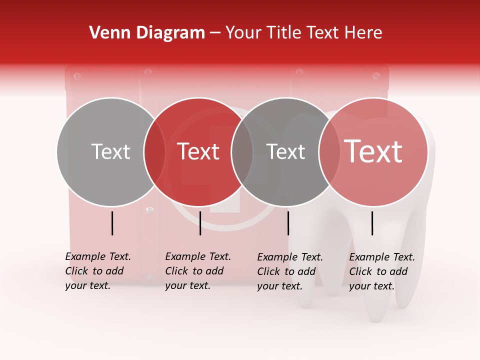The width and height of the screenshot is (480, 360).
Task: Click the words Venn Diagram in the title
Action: click(x=147, y=33)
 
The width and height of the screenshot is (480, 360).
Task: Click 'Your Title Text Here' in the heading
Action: click(x=303, y=33)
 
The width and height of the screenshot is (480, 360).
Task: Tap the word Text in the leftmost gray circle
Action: click(x=110, y=151)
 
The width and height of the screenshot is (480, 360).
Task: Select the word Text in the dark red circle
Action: click(x=198, y=151)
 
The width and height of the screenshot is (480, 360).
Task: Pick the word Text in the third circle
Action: click(x=285, y=151)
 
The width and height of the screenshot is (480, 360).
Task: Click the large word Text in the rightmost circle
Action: click(x=373, y=151)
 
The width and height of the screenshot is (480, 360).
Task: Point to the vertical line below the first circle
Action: click(x=112, y=223)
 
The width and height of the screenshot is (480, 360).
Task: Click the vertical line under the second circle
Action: click(x=200, y=223)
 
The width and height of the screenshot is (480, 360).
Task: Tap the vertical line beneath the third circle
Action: click(x=288, y=223)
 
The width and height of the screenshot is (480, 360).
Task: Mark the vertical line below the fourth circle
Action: click(x=372, y=223)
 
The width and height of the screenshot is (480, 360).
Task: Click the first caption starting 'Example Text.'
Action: click(x=98, y=271)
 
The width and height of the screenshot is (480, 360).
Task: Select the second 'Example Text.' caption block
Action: click(x=198, y=271)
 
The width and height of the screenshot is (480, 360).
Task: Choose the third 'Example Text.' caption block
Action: click(x=290, y=271)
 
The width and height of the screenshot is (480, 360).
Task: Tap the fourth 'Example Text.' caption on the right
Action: click(x=382, y=271)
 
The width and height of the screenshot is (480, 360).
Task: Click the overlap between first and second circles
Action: click(x=154, y=152)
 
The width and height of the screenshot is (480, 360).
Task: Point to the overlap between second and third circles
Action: click(x=242, y=152)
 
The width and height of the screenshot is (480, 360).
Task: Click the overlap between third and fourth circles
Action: click(x=329, y=152)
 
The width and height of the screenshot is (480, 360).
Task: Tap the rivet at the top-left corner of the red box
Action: click(x=77, y=76)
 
